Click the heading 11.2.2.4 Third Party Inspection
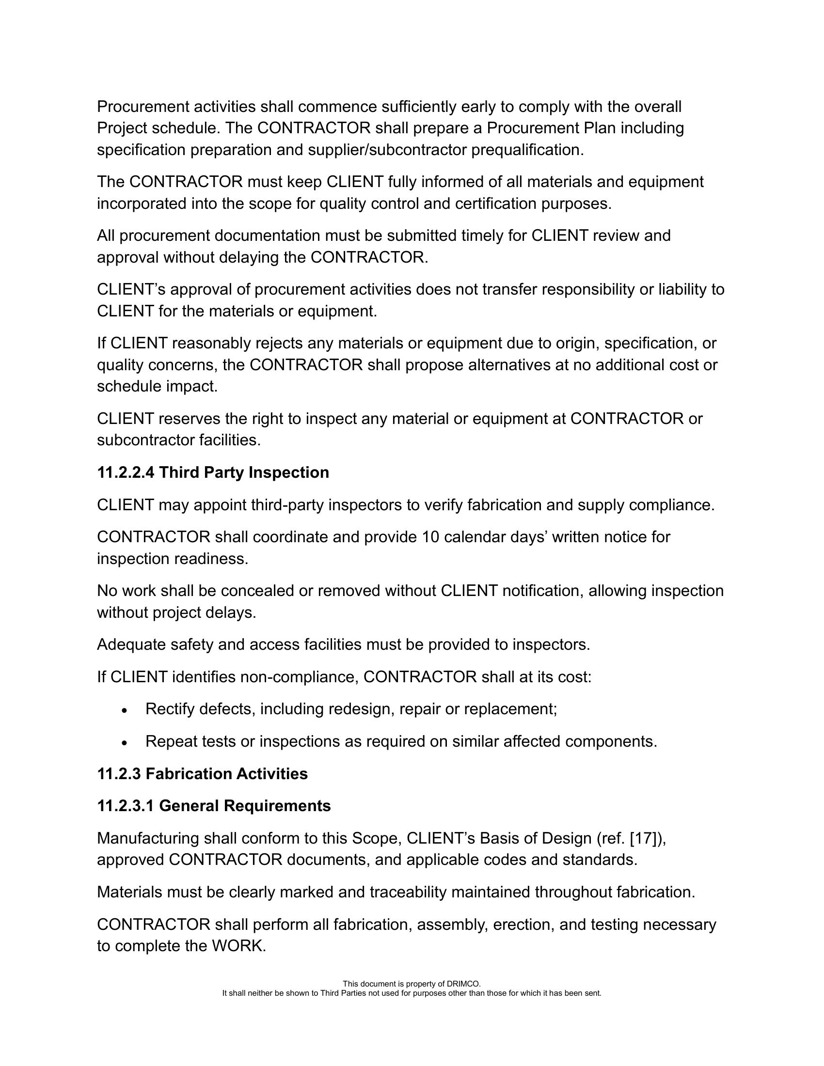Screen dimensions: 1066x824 point(213,472)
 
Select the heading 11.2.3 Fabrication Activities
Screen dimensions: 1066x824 point(202,774)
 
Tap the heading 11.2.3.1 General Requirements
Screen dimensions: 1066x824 point(214,806)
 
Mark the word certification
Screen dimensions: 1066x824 point(495,204)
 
